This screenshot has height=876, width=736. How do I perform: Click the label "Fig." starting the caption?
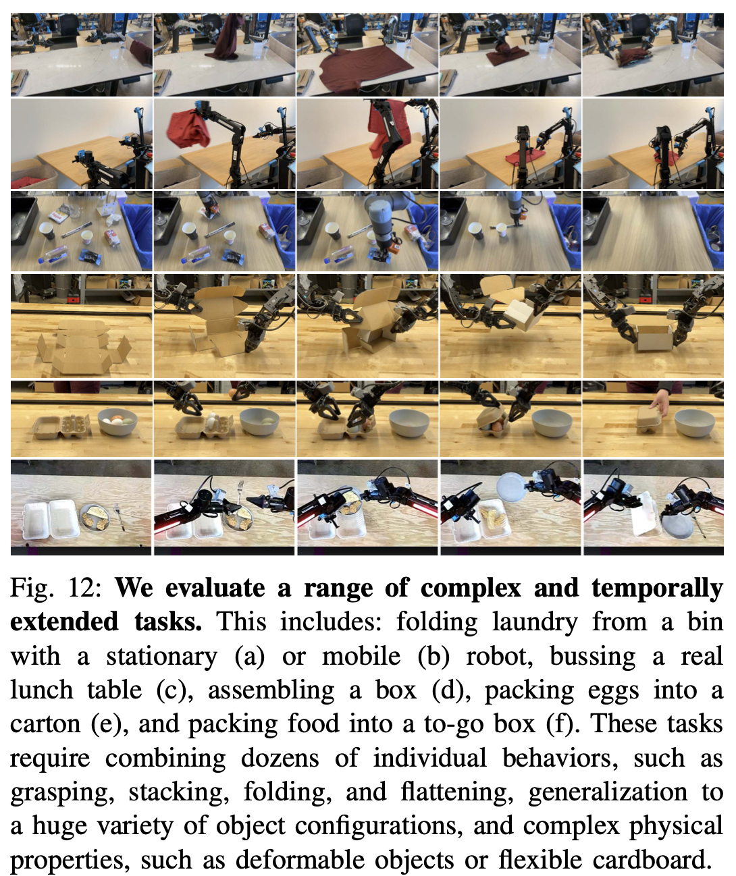tap(29, 588)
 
